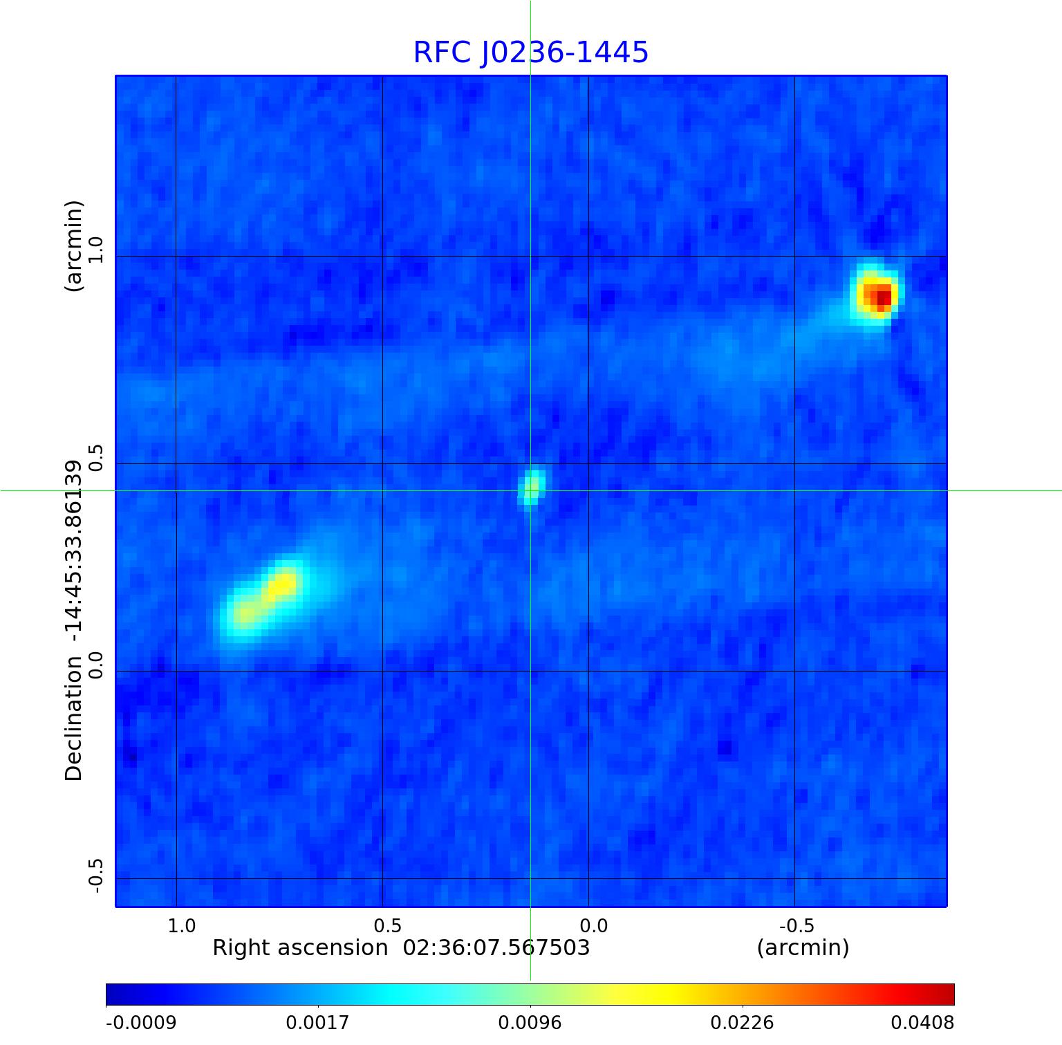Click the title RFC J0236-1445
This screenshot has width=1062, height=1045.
(530, 53)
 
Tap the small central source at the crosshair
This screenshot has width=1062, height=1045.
(531, 487)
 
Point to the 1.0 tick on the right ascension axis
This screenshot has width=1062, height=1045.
(182, 925)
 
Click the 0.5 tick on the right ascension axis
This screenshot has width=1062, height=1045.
(387, 925)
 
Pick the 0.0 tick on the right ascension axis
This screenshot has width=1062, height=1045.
(593, 925)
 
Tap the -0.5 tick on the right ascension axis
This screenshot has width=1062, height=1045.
(796, 925)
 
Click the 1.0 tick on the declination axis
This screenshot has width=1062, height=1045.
(95, 250)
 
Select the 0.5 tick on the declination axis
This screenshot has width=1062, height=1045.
(95, 457)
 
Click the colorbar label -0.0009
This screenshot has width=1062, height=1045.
(140, 1022)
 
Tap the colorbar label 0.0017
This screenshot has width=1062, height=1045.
(318, 1022)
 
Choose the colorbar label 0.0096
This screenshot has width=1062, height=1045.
(530, 1022)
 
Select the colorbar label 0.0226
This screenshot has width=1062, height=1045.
(743, 1022)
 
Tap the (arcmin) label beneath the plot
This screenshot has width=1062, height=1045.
(803, 947)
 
